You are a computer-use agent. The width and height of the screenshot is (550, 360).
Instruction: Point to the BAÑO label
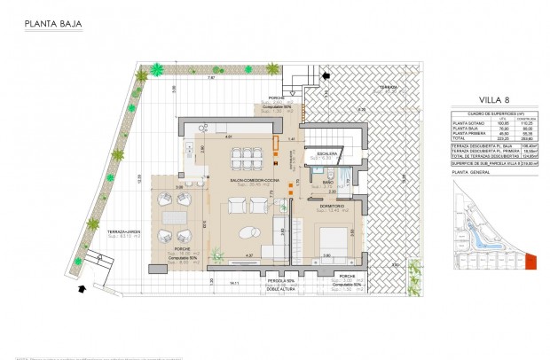pyautogui.click(x=327, y=184)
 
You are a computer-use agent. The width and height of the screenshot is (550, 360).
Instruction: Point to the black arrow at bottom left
pyautogui.click(x=82, y=288)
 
